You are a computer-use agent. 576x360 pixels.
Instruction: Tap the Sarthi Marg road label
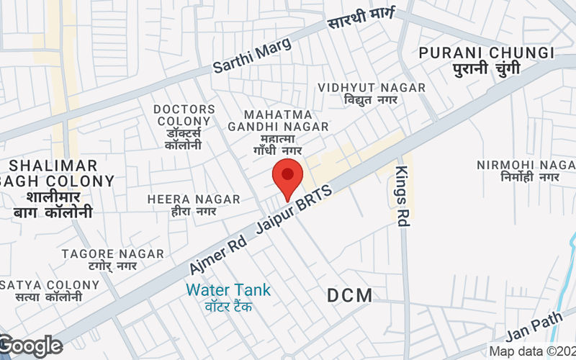click(x=252, y=56)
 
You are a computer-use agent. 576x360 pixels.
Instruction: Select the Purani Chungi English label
click(x=487, y=53)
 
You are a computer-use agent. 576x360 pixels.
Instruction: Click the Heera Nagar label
click(x=194, y=199)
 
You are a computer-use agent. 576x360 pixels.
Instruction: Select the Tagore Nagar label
click(x=112, y=254)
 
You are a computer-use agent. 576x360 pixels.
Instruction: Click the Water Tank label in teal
click(x=228, y=290)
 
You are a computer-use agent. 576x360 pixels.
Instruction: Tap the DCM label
click(x=350, y=295)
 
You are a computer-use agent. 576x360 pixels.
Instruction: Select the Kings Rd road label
click(x=402, y=196)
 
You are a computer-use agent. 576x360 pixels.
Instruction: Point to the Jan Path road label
click(x=534, y=329)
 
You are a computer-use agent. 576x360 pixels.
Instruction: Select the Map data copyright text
click(x=532, y=351)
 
